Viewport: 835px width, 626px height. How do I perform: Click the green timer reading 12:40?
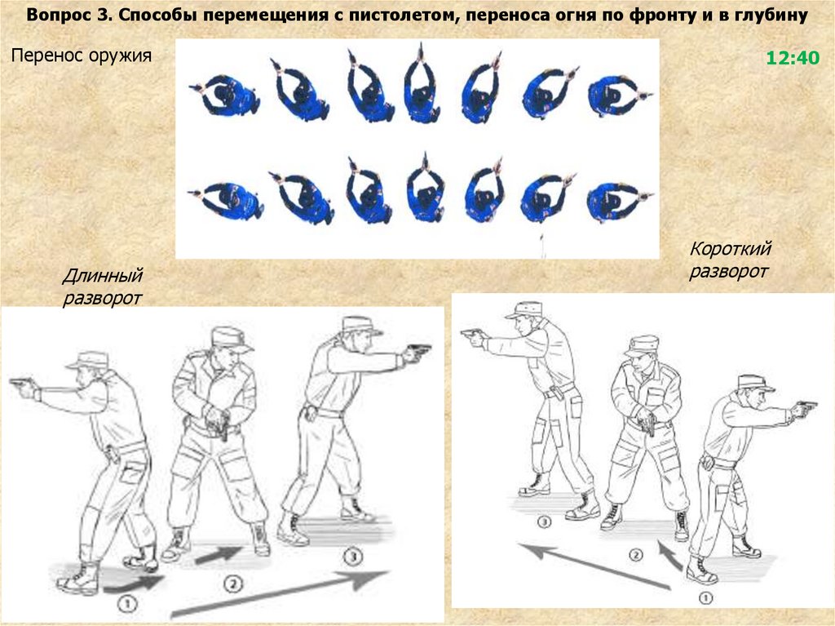tap(793, 58)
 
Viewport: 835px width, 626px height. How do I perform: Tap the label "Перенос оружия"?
tap(82, 55)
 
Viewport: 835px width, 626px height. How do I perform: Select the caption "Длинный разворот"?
tap(103, 286)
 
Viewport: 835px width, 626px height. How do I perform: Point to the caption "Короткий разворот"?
tap(730, 260)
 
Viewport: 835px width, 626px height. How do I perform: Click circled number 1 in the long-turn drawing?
tap(127, 604)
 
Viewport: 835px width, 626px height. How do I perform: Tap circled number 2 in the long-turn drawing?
tap(232, 584)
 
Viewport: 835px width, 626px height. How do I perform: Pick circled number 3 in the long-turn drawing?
tap(352, 557)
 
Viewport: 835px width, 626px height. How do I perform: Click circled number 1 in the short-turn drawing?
tap(705, 597)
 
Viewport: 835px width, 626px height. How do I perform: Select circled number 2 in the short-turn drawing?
tap(635, 555)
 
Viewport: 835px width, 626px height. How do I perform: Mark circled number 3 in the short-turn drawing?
tap(543, 521)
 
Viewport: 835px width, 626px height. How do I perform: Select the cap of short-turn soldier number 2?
tap(642, 346)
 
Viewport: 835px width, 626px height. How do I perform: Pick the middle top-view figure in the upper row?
tap(422, 86)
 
